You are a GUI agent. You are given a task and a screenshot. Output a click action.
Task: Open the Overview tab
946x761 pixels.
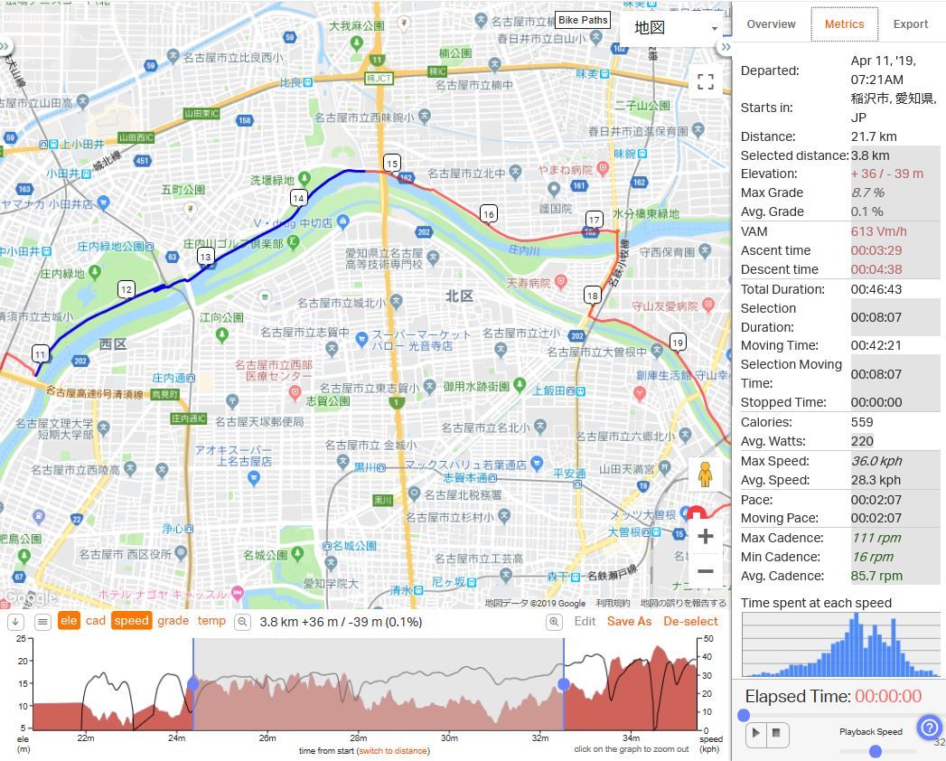(771, 24)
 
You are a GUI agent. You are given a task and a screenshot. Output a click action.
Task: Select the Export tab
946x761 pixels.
(910, 24)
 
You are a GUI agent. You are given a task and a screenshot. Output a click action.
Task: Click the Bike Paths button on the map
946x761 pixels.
(583, 20)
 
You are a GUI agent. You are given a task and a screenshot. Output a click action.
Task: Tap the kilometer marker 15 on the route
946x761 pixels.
(391, 163)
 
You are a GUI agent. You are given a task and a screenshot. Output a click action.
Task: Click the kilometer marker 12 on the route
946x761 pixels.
(126, 289)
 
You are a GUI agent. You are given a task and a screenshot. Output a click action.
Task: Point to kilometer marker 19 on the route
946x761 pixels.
(678, 342)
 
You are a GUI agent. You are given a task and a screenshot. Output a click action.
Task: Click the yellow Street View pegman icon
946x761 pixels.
(705, 474)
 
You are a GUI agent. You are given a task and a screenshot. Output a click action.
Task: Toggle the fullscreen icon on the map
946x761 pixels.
(706, 81)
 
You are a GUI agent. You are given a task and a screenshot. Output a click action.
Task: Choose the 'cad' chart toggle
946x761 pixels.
(96, 621)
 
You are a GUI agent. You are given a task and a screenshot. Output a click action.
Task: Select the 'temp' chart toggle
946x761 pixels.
(211, 621)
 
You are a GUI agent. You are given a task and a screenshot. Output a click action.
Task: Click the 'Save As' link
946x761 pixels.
(629, 622)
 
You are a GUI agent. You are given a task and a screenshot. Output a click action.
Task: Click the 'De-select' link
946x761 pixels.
(690, 622)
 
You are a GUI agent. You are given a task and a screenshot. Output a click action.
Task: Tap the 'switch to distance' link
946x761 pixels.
(392, 751)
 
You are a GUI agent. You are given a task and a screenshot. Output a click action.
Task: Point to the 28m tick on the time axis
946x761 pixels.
(359, 738)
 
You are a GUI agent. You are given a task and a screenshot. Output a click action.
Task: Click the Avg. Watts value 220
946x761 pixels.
(862, 441)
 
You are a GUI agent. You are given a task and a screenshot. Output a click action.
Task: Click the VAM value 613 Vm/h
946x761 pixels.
(878, 231)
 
